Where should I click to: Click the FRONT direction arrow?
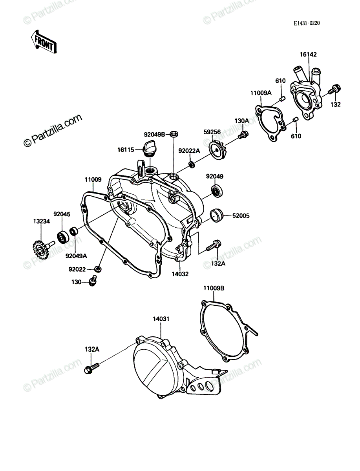[44, 42]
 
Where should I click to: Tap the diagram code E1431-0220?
[307, 23]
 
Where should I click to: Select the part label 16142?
[308, 55]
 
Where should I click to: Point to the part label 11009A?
[261, 93]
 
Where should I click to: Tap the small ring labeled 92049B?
[174, 135]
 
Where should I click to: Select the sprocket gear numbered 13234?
[42, 249]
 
